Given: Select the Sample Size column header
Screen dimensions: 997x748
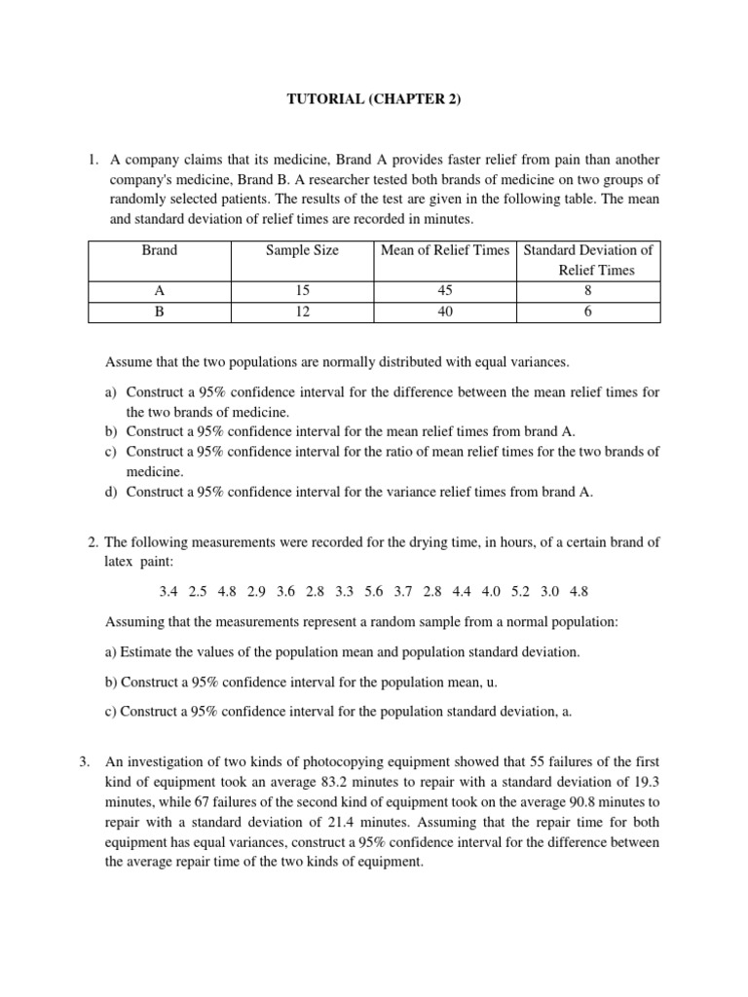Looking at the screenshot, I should [302, 250].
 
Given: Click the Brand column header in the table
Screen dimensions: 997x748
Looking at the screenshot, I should [160, 250].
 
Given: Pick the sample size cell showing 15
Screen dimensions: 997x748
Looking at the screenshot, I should [302, 292].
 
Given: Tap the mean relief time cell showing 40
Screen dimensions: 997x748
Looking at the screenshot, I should [445, 312].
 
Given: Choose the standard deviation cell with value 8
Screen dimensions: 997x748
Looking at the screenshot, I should [588, 292].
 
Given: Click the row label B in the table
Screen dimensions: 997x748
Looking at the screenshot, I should [160, 312].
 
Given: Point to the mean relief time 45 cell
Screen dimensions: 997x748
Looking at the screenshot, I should [445, 292].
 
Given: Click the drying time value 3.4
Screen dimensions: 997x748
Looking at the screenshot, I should [168, 591].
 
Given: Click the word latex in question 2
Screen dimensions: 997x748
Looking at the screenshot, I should [120, 559].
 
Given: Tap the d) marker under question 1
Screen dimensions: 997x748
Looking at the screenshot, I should [111, 492].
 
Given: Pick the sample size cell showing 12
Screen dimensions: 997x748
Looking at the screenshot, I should [302, 312].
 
